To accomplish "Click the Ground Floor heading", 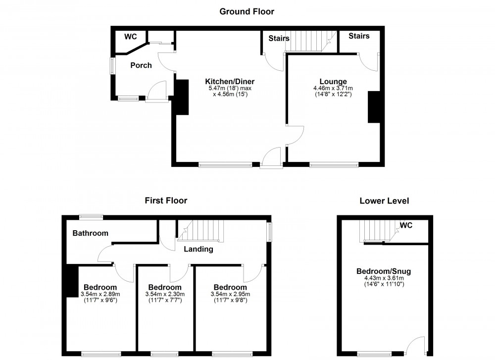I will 247,11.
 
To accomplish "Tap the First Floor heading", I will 166,201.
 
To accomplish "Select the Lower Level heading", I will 384,201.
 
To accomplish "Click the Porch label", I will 141,65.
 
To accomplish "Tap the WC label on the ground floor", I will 131,37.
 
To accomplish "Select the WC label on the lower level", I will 406,225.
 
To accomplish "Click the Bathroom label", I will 90,233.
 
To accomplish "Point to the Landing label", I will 198,249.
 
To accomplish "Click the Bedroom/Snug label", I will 384,271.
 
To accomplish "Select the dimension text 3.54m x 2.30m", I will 165,294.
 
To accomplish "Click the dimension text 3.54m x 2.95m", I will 230,294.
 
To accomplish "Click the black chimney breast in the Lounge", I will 373,107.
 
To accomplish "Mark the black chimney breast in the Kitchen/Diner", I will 181,97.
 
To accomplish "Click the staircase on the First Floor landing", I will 201,231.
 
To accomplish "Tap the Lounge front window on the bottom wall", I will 334,164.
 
